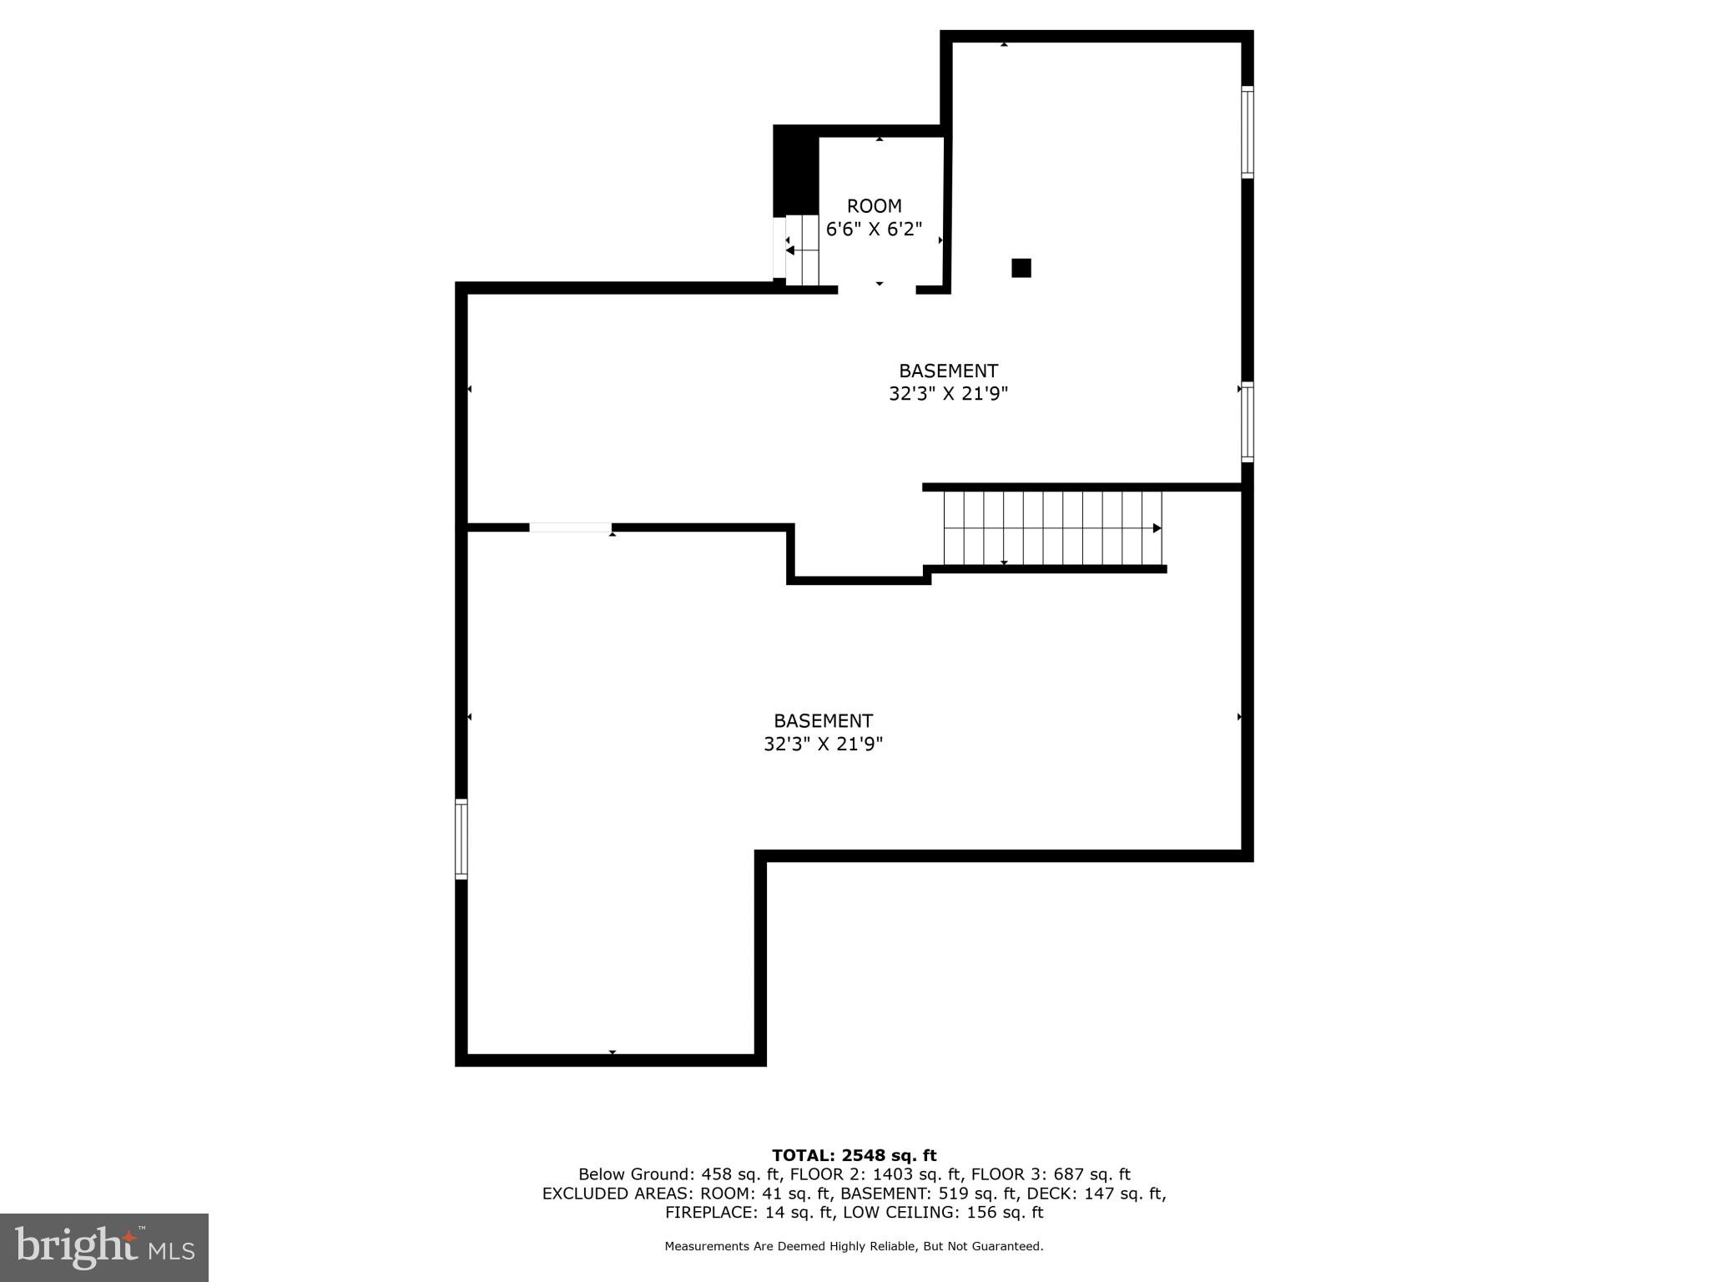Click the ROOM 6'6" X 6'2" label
874,217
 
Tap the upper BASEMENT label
948,382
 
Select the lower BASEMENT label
823,732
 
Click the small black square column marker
1021,268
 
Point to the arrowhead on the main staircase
1157,528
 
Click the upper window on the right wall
1247,132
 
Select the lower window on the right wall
1247,421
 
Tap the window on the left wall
461,839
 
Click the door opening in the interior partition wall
571,527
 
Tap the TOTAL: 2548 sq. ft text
854,1155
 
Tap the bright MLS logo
104,1248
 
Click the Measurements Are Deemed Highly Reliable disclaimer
854,1246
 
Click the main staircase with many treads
1051,528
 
